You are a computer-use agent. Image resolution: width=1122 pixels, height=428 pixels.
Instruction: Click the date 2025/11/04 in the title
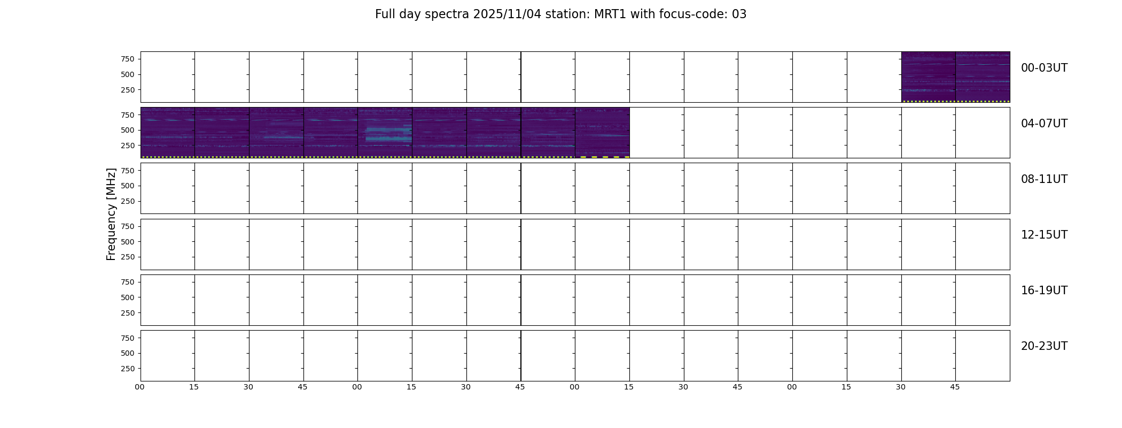click(507, 14)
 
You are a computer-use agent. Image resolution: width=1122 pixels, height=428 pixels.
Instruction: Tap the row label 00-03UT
click(1044, 68)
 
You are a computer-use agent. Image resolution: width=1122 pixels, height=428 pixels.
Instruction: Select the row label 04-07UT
click(1044, 124)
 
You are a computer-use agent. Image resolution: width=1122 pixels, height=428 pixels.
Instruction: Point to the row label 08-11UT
click(1044, 179)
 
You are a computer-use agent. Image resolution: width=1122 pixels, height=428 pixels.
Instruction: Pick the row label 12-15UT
click(1044, 235)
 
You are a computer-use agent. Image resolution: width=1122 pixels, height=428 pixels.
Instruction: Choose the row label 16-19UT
click(1044, 291)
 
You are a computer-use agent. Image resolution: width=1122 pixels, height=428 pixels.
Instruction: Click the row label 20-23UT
click(1044, 346)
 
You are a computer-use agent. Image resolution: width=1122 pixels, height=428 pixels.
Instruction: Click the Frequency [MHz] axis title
click(111, 215)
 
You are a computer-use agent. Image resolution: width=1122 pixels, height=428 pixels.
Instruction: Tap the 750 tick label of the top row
click(128, 59)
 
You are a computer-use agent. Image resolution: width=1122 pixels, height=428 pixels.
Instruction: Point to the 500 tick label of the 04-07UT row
click(128, 130)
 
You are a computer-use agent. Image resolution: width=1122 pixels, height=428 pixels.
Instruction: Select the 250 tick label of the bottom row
click(128, 369)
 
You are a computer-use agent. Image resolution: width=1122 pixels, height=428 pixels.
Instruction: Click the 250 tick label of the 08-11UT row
click(128, 201)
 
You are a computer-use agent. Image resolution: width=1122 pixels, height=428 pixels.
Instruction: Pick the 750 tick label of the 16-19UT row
click(128, 282)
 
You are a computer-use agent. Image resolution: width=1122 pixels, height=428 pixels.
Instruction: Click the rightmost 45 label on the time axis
click(955, 387)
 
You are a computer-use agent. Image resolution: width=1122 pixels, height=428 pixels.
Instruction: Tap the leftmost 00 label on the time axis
click(140, 387)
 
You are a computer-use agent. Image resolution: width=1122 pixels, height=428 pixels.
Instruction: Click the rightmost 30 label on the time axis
click(901, 387)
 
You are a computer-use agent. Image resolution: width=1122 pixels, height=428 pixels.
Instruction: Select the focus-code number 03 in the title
click(739, 14)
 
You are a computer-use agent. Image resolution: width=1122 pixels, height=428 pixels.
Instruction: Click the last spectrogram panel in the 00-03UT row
click(983, 77)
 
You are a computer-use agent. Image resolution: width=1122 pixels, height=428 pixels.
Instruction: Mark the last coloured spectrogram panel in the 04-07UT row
click(602, 133)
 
